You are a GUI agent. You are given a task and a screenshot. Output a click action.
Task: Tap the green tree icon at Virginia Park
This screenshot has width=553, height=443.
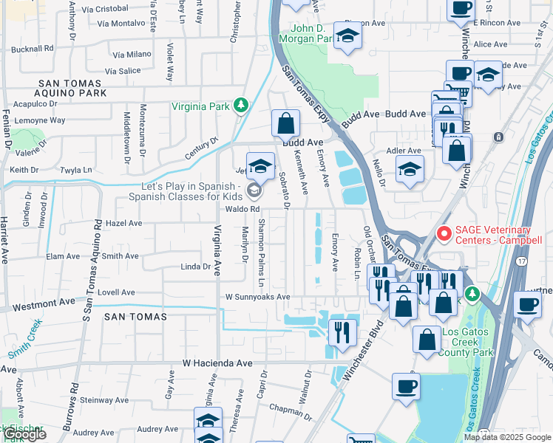point(240,106)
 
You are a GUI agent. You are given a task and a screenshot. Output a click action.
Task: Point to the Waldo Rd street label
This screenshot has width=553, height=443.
point(244,210)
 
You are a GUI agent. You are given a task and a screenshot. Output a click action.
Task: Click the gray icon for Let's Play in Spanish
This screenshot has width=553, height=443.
point(254,191)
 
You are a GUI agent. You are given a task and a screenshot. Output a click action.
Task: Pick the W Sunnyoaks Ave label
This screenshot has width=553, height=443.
point(258,297)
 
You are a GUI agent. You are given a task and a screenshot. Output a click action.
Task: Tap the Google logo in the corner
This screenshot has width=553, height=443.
point(24,435)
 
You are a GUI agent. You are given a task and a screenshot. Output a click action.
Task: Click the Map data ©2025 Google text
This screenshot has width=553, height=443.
point(506,437)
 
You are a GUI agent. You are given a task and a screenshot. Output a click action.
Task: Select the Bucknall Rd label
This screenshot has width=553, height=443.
point(33,48)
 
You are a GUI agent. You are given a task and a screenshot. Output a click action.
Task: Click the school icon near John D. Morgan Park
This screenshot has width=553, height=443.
point(347,36)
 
